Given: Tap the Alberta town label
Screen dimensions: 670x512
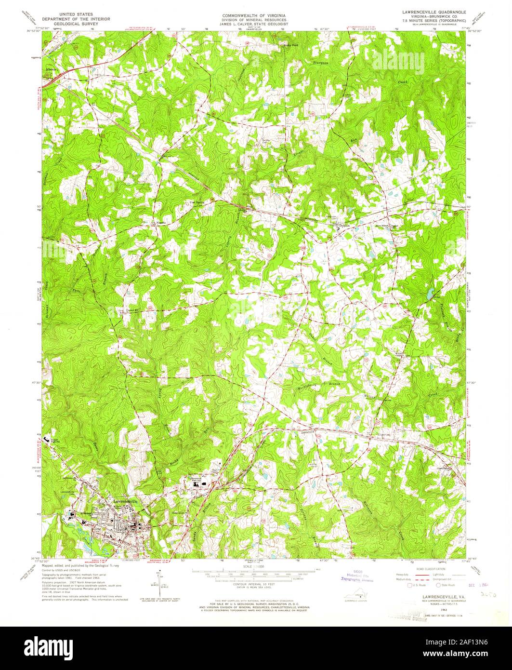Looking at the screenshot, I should point(51,69).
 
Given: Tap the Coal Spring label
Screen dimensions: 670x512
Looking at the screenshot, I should point(195,202).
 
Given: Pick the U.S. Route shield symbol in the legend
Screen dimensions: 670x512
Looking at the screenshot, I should point(410,585).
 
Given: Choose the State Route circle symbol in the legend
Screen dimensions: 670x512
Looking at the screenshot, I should point(438,585).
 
